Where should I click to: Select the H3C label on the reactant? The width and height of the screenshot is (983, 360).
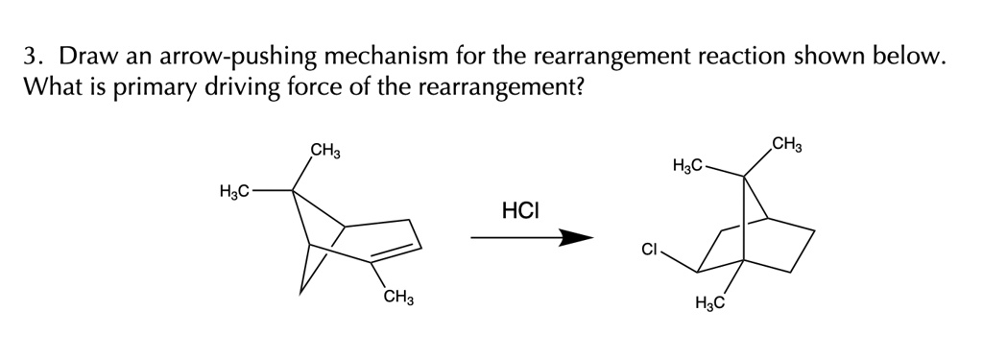click(235, 190)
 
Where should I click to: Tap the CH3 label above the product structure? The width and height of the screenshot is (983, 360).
click(786, 146)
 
